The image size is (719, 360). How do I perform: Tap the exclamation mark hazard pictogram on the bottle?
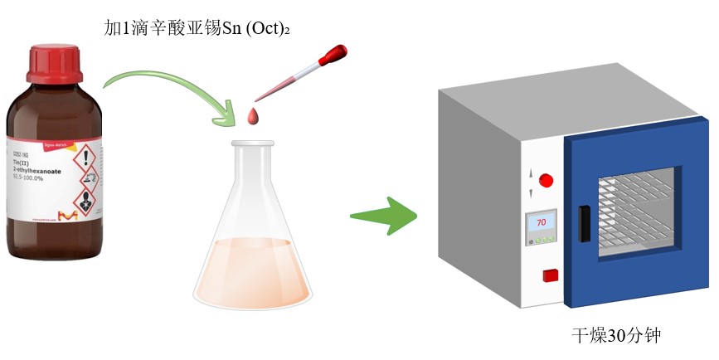tap(86, 158)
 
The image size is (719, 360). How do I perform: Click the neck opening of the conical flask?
tap(253, 144)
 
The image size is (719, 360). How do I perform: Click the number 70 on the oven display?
tap(541, 222)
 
